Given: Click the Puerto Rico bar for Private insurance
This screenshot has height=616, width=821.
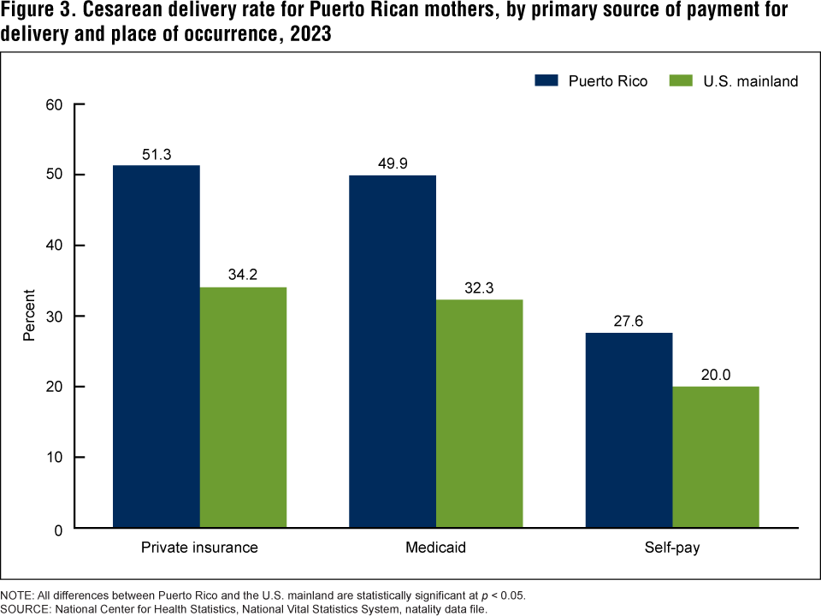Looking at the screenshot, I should point(157,346).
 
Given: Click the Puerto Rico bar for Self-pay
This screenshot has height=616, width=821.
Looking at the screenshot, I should point(629,429).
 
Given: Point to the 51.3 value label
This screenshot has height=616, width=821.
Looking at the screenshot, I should point(157,155).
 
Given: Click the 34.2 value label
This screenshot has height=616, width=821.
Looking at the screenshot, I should point(243,276).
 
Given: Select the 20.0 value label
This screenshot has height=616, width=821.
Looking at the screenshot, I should point(715,376).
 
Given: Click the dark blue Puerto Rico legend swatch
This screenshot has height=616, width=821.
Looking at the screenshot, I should point(545,80).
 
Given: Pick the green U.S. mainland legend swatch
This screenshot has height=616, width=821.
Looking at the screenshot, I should point(680,80).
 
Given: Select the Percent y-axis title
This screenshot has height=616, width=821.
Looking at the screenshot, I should point(28,316).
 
